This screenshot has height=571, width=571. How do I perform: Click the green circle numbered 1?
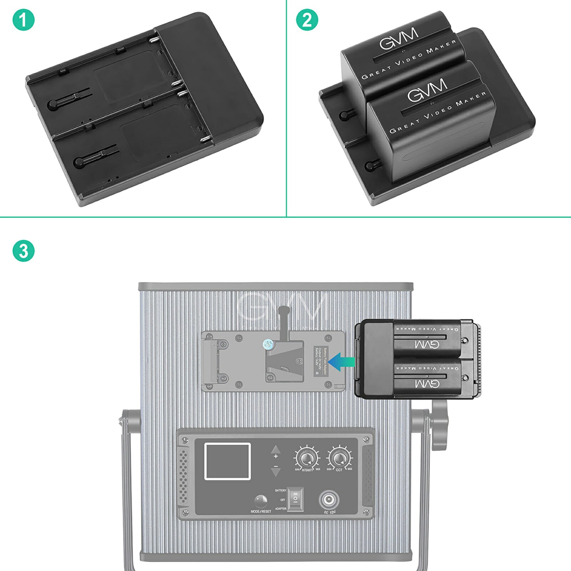[x=24, y=20]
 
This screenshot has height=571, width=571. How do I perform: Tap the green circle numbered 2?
[x=307, y=20]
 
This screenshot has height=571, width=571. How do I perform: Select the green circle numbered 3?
[x=24, y=251]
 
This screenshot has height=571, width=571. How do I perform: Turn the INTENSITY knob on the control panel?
[x=306, y=458]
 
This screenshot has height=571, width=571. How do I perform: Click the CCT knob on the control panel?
[x=339, y=457]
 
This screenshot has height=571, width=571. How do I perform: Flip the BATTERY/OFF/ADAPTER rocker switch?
[x=295, y=499]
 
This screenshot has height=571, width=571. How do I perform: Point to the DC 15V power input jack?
[x=328, y=500]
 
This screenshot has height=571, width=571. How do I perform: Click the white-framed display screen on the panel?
[x=227, y=461]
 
